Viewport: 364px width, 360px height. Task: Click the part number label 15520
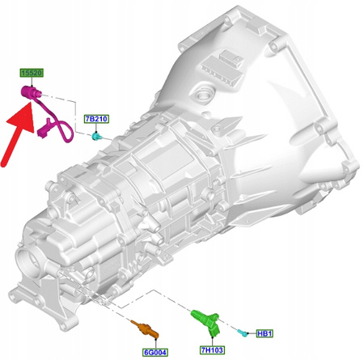[32, 74]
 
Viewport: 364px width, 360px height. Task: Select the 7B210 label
[96, 120]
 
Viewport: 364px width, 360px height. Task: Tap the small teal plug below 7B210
[96, 136]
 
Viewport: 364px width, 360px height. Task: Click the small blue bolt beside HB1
[243, 332]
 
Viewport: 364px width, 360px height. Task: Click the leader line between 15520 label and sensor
[32, 83]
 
